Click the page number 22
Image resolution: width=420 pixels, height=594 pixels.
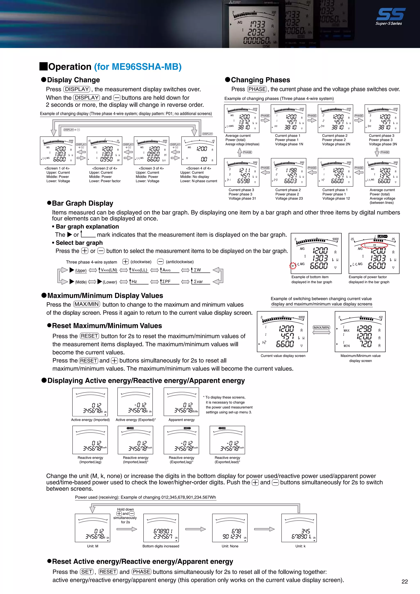tap(404, 581)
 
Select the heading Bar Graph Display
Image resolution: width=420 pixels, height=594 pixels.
tap(82, 203)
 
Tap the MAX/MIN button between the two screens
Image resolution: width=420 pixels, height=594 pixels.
tap(321, 327)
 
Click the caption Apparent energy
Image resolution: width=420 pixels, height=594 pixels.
tap(181, 420)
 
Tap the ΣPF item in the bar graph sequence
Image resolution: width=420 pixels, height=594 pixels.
tap(167, 281)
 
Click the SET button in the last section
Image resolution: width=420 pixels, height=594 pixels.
tap(87, 572)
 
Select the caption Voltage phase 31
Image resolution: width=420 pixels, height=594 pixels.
tap(242, 198)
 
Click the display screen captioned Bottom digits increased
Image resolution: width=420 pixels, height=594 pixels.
tap(161, 528)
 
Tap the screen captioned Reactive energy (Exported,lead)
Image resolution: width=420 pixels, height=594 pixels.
tap(227, 440)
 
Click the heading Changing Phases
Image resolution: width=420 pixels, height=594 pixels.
tap(260, 80)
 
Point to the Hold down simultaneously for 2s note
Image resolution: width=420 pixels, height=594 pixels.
tap(125, 515)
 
